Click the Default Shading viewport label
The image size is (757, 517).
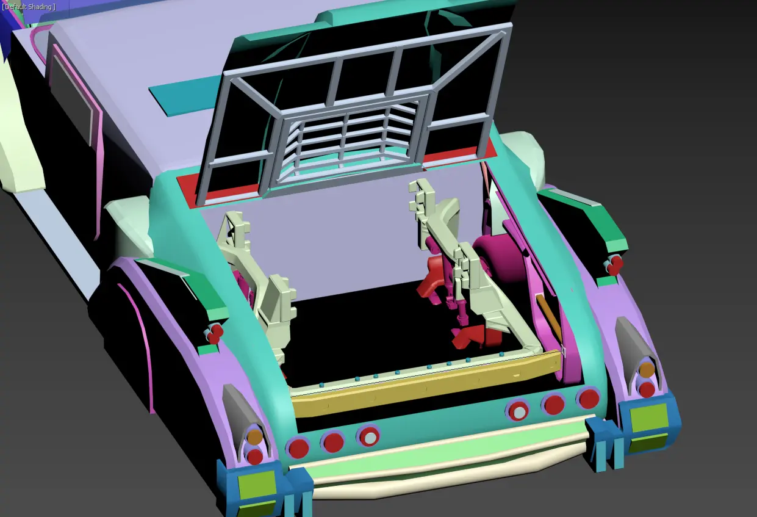point(29,7)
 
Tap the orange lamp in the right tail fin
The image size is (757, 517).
point(647,369)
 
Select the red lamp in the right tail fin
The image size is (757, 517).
point(647,389)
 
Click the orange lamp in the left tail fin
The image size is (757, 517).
point(254,436)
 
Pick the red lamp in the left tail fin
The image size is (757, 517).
point(255,457)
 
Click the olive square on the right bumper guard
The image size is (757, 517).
point(649,418)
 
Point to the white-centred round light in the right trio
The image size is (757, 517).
point(518,411)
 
